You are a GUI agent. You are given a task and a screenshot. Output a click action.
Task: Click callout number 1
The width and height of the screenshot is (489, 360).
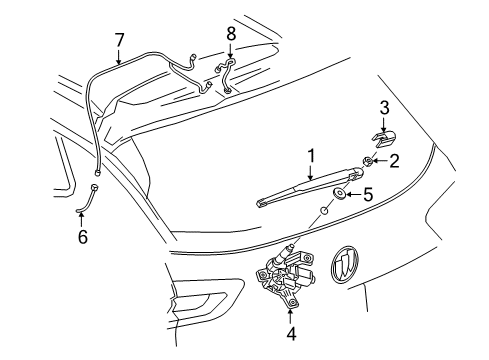(311, 156)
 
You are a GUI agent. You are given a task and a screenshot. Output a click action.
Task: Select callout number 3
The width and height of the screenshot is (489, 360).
(383, 107)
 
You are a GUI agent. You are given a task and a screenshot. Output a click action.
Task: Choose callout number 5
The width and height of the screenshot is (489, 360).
(366, 196)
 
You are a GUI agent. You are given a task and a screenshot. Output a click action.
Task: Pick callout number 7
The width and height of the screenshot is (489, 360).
(119, 40)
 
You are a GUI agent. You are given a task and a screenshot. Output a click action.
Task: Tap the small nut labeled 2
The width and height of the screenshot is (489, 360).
(370, 160)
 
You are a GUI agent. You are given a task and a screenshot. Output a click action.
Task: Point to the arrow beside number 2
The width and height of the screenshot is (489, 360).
(381, 160)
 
